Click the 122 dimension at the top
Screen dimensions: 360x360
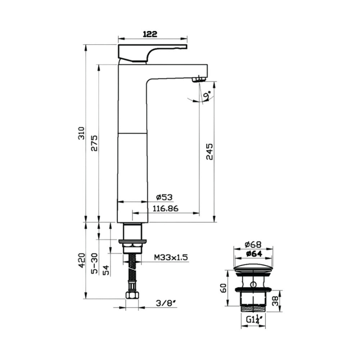(x=150, y=34)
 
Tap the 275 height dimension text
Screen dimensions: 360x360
(x=94, y=144)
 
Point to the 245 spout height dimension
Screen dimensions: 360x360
(x=210, y=152)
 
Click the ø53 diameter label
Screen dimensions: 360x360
(x=164, y=197)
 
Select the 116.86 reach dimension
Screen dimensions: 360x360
(x=166, y=208)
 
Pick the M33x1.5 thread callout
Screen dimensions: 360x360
(x=171, y=257)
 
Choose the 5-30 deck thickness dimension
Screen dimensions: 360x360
(x=94, y=264)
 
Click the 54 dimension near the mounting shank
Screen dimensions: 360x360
(x=106, y=270)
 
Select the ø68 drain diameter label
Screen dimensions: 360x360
(x=253, y=244)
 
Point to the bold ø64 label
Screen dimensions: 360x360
(x=253, y=254)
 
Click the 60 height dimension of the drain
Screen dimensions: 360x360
(x=223, y=288)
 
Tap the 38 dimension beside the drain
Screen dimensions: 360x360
(x=275, y=300)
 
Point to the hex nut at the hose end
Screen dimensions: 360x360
(x=132, y=295)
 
